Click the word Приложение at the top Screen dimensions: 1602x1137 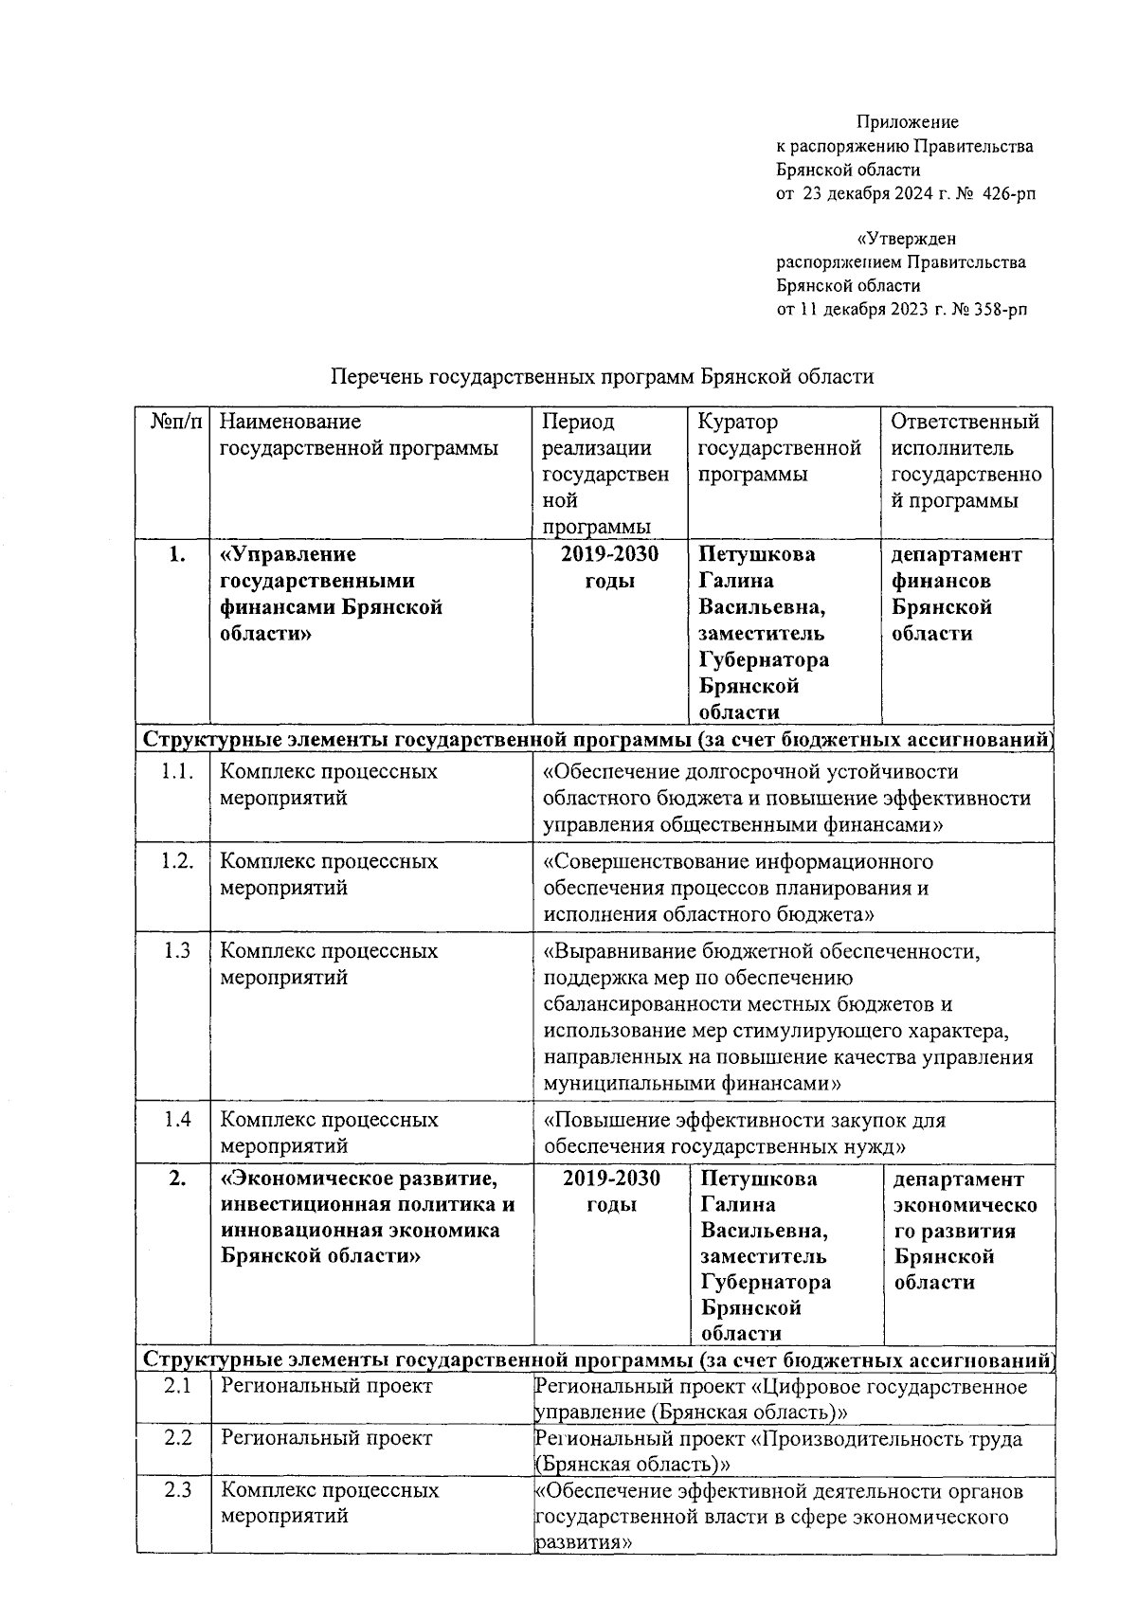tap(907, 122)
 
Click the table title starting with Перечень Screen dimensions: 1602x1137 tap(602, 377)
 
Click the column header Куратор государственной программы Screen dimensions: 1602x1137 tap(779, 448)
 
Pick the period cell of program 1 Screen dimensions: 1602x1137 tap(609, 567)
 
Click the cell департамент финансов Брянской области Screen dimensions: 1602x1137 tap(957, 594)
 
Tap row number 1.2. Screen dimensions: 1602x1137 tap(177, 861)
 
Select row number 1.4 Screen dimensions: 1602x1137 tap(177, 1120)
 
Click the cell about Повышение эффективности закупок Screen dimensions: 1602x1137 tap(744, 1133)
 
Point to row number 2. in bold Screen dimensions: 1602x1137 tap(176, 1179)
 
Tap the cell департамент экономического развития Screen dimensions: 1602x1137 tap(965, 1232)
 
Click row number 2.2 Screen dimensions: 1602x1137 tap(177, 1438)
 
